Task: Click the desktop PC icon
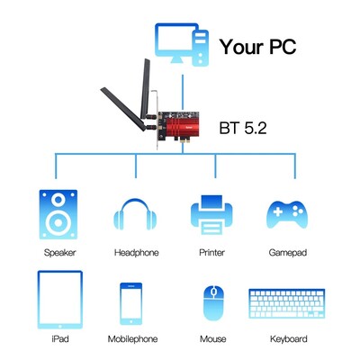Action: (182, 44)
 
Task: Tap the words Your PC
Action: (257, 47)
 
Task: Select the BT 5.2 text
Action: (243, 128)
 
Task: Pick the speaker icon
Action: (58, 214)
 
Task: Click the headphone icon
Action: (135, 214)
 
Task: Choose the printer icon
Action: (211, 214)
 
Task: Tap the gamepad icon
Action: (287, 214)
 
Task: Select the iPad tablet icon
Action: (60, 300)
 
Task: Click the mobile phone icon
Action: (130, 303)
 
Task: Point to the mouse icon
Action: (213, 303)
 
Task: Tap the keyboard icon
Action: (287, 304)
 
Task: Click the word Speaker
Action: (59, 253)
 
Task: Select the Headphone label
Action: (136, 253)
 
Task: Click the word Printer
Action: (211, 253)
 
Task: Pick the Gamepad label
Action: (288, 253)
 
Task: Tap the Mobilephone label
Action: (132, 339)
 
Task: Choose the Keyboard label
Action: (289, 339)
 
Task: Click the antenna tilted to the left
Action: (123, 109)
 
